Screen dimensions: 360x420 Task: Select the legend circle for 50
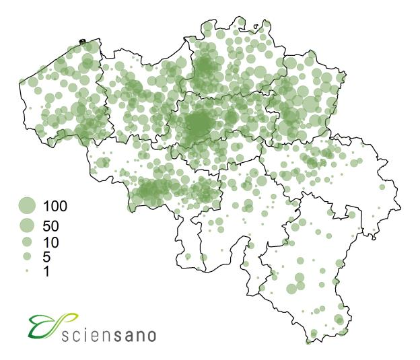point(27,224)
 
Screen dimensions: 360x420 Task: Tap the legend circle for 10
point(27,241)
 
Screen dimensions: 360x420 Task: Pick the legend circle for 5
point(27,256)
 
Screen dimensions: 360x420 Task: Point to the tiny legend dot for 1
point(27,271)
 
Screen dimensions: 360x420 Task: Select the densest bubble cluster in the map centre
point(199,124)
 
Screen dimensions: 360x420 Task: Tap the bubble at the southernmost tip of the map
point(309,340)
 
